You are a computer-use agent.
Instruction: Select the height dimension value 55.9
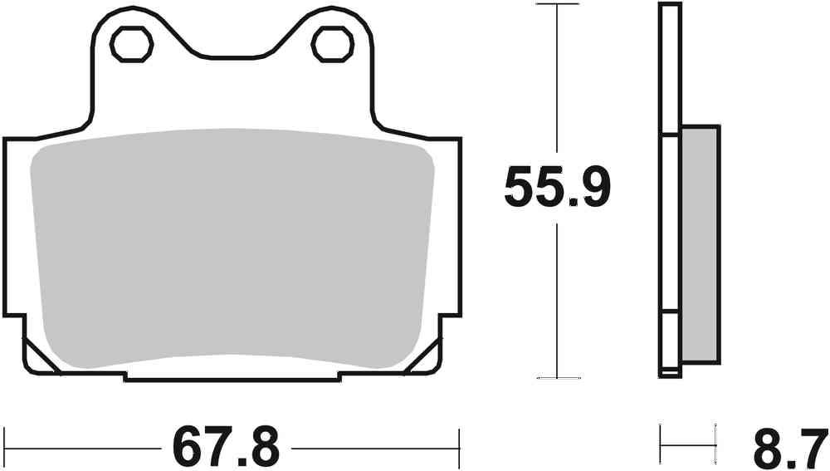point(558,189)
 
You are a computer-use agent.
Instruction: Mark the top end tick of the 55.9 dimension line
point(557,5)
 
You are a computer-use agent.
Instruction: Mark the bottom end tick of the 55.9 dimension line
point(557,376)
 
